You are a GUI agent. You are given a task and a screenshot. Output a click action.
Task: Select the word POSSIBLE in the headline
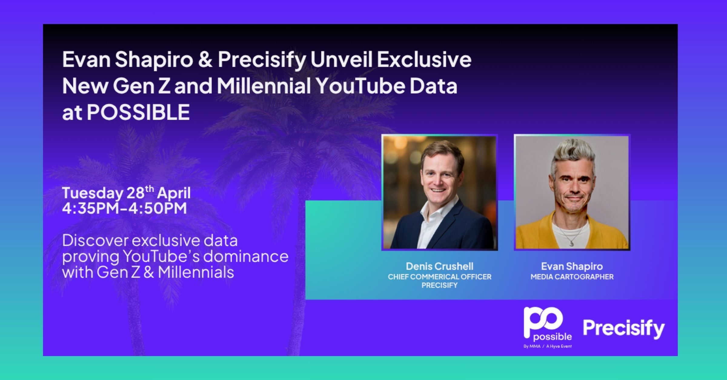(138, 112)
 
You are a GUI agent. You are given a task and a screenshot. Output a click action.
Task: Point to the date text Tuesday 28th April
(126, 193)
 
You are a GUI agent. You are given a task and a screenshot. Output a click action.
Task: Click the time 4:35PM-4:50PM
(124, 208)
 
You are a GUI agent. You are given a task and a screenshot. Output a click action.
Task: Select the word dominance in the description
(246, 256)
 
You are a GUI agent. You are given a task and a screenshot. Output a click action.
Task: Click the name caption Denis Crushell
(440, 266)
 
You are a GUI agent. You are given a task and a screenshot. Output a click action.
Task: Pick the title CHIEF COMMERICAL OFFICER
(440, 277)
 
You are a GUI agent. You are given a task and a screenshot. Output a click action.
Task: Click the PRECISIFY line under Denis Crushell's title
(440, 285)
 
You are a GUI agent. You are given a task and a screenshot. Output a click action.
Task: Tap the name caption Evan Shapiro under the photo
(572, 266)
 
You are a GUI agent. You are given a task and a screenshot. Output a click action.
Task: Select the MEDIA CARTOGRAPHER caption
(572, 277)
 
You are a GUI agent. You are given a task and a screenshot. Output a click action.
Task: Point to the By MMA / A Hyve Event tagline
(548, 346)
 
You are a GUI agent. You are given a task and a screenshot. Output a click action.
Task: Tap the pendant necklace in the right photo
(571, 243)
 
